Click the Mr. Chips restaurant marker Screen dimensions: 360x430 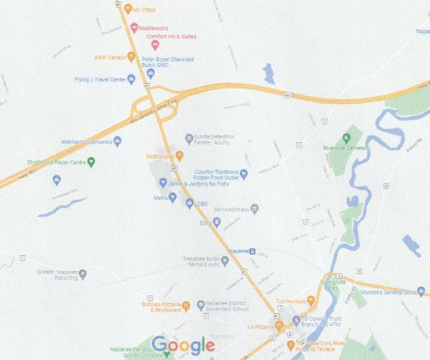point(128,9)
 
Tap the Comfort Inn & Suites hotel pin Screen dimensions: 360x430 point(155,45)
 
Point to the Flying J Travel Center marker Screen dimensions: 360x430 point(132,78)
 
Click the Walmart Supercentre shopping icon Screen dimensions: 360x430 point(117,142)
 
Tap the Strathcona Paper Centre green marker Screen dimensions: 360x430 point(91,162)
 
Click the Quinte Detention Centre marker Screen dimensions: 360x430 point(189,138)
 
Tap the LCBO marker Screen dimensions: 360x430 point(190,203)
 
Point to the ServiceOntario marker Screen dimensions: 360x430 point(255,209)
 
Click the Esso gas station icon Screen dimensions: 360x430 point(217,222)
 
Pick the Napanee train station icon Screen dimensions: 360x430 point(261,252)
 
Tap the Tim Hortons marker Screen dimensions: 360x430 point(311,300)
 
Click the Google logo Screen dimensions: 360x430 point(183,345)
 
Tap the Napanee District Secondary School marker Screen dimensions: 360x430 point(201,305)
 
